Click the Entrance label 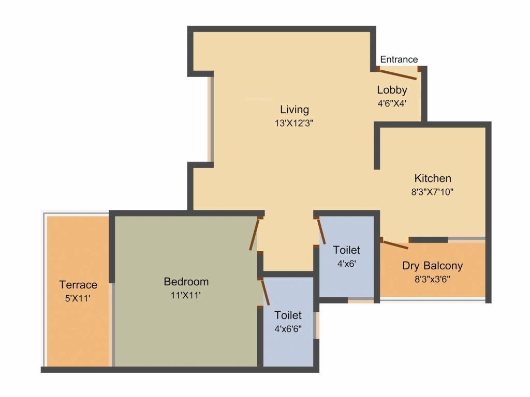click(399, 59)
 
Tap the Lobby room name click(392, 90)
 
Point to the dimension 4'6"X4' click(392, 103)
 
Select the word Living click(295, 110)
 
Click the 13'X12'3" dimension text click(295, 123)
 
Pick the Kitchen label click(433, 178)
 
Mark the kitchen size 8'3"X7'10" click(433, 191)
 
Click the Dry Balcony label click(433, 266)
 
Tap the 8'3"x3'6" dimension click(433, 280)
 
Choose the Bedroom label click(186, 282)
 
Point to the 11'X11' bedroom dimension click(186, 295)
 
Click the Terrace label click(78, 285)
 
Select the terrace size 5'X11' click(78, 298)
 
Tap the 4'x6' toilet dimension click(346, 263)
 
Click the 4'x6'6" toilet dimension click(288, 328)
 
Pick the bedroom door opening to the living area click(255, 234)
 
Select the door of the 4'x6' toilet click(321, 231)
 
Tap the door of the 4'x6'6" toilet click(265, 292)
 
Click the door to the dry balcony click(394, 244)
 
